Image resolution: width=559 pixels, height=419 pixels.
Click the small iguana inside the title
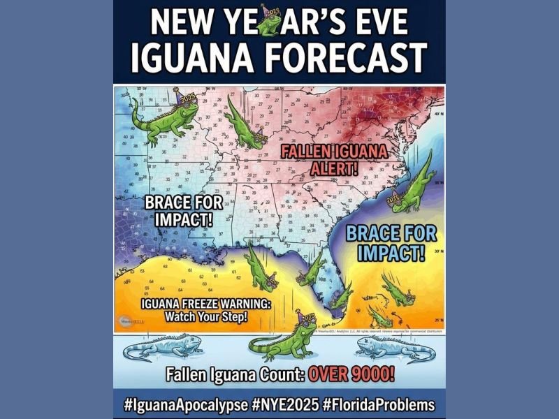[x=270, y=22]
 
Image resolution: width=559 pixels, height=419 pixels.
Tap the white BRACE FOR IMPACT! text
[x=183, y=209]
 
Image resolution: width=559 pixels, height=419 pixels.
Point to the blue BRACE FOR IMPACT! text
[x=386, y=242]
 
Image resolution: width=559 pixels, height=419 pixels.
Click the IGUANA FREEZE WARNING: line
[x=206, y=304]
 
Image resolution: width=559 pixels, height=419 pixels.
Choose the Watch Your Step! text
[x=206, y=317]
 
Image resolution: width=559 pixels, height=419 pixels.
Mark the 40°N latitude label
[x=438, y=113]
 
